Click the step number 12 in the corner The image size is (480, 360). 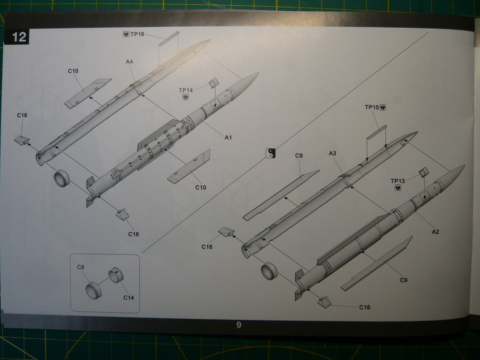coord(19,37)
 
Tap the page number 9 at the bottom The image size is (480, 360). coord(239,325)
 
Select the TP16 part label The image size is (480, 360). coord(137,34)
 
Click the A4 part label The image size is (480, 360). coord(129,62)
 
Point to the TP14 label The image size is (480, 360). coord(186,90)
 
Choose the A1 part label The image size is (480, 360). coord(228,138)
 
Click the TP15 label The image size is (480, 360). coord(372,107)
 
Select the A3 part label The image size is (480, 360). coord(332,153)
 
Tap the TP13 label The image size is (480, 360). coord(397,181)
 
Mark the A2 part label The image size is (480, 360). coord(435,232)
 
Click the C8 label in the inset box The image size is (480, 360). coord(81,267)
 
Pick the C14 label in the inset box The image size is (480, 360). coord(128,298)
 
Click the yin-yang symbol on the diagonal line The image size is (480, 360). coord(270,153)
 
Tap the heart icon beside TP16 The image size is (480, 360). coord(126,34)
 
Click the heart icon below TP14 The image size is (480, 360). coord(186,97)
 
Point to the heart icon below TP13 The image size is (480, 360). coord(398,187)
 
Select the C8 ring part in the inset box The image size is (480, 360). coord(93,291)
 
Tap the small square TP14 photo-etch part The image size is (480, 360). coord(214,82)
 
